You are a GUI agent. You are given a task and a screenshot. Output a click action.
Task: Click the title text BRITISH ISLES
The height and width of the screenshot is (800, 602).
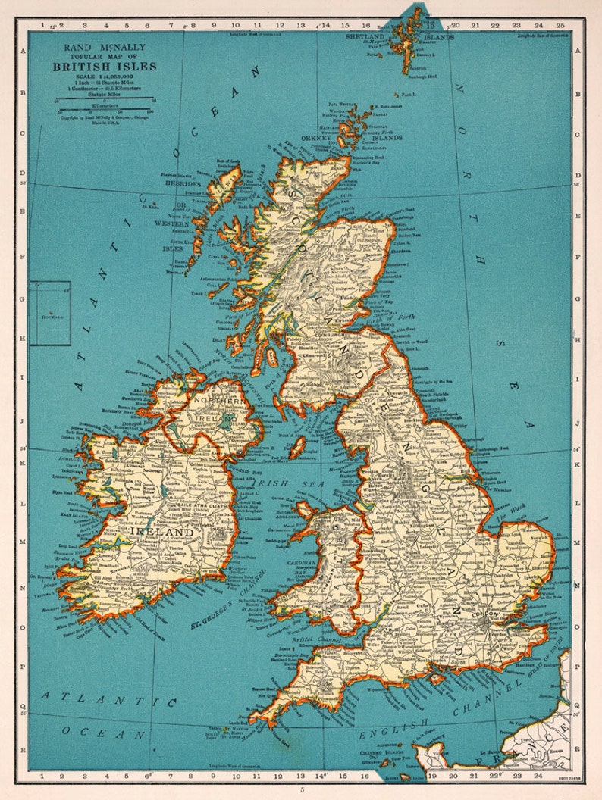(105, 67)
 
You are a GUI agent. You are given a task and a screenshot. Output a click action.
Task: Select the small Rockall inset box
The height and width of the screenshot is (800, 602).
(50, 313)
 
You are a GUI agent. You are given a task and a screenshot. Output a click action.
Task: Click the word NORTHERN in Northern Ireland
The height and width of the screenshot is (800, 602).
(220, 399)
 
